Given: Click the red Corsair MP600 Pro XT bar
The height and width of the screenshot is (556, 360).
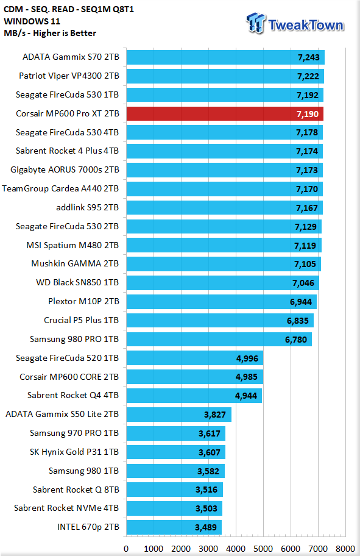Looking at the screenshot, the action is coord(225,114).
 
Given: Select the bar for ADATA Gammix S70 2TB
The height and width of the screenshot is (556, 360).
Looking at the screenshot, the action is coord(225,57).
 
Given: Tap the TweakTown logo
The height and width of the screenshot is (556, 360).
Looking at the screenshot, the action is coord(295,24).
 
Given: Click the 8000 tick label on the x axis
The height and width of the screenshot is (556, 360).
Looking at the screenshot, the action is coord(345,549).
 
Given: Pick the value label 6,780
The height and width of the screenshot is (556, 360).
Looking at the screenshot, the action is coord(296,340).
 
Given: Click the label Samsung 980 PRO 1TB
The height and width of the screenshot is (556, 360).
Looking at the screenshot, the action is coord(74,340).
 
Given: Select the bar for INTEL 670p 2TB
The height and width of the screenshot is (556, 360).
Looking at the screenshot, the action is coord(174,527).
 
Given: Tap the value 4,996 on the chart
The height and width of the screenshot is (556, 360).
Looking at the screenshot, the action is coord(247,358).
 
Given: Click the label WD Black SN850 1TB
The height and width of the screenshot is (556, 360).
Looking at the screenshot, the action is coord(77,283).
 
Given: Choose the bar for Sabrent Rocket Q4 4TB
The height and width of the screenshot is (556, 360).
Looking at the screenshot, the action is coord(194,396).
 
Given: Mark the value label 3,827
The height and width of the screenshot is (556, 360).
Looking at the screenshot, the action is coord(215,415).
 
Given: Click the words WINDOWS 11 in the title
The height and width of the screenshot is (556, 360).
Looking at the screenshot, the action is coord(32,21).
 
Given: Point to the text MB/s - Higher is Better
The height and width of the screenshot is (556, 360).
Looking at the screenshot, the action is coord(50,34).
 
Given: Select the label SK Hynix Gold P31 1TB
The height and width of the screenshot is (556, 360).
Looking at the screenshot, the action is coord(74,452).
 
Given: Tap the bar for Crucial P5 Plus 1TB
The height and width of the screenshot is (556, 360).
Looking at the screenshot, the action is coord(220,321).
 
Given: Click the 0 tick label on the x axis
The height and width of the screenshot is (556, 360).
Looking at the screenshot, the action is coord(126,549).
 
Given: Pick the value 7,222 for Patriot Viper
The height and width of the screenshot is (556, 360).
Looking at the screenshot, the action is coord(308,76).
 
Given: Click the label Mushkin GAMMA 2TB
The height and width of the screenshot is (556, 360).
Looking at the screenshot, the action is coord(75,264).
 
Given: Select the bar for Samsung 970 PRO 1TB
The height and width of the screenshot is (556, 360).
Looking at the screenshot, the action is coord(176,433).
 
